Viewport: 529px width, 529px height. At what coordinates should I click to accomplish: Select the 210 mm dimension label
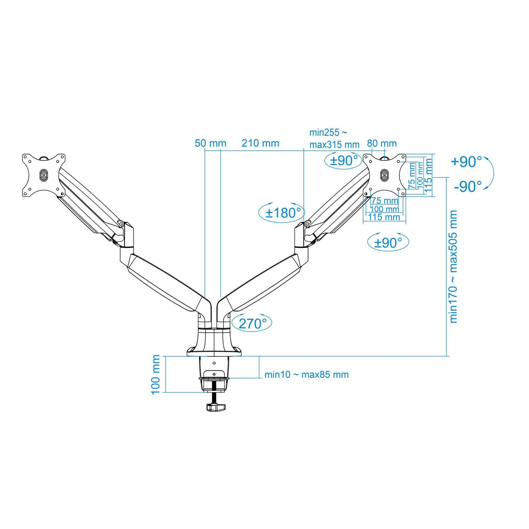(x=260, y=143)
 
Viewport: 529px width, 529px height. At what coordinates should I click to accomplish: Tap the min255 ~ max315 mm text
(x=334, y=139)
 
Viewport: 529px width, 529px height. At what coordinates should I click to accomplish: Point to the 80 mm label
(x=382, y=143)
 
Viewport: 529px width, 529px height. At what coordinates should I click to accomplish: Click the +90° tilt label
(x=466, y=162)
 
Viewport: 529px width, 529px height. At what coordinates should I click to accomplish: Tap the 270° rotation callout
(x=252, y=323)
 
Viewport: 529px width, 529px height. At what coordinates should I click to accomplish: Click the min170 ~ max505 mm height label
(x=454, y=266)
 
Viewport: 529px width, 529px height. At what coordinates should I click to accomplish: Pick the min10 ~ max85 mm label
(x=306, y=374)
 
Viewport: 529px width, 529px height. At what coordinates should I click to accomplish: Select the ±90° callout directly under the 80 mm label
(x=344, y=160)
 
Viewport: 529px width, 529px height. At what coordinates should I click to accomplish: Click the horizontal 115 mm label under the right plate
(x=384, y=217)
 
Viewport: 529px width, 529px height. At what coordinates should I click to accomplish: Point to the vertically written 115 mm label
(x=428, y=176)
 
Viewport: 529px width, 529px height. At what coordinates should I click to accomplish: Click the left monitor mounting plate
(x=44, y=175)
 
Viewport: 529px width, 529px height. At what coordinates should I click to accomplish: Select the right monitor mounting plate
(x=384, y=174)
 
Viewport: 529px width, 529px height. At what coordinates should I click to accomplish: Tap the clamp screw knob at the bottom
(x=215, y=407)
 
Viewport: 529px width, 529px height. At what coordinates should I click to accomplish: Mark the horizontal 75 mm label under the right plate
(x=385, y=201)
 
